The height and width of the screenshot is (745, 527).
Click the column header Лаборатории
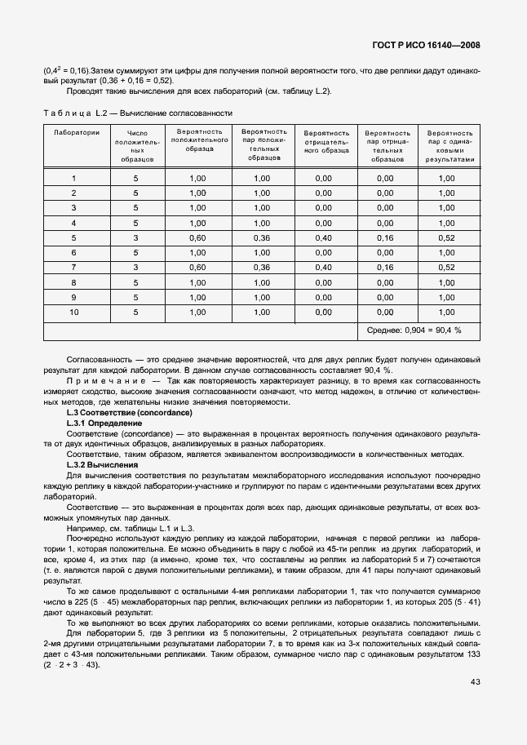77,131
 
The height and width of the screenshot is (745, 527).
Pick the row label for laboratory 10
74,312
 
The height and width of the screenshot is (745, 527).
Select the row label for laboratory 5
74,237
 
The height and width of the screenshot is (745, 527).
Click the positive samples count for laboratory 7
136,267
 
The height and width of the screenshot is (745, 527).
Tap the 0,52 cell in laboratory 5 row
446,237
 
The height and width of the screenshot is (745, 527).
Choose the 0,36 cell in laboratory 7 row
261,267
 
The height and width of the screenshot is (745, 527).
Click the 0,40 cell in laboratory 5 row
324,237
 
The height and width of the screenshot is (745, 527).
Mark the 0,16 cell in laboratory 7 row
386,267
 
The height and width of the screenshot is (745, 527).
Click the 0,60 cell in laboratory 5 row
198,237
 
